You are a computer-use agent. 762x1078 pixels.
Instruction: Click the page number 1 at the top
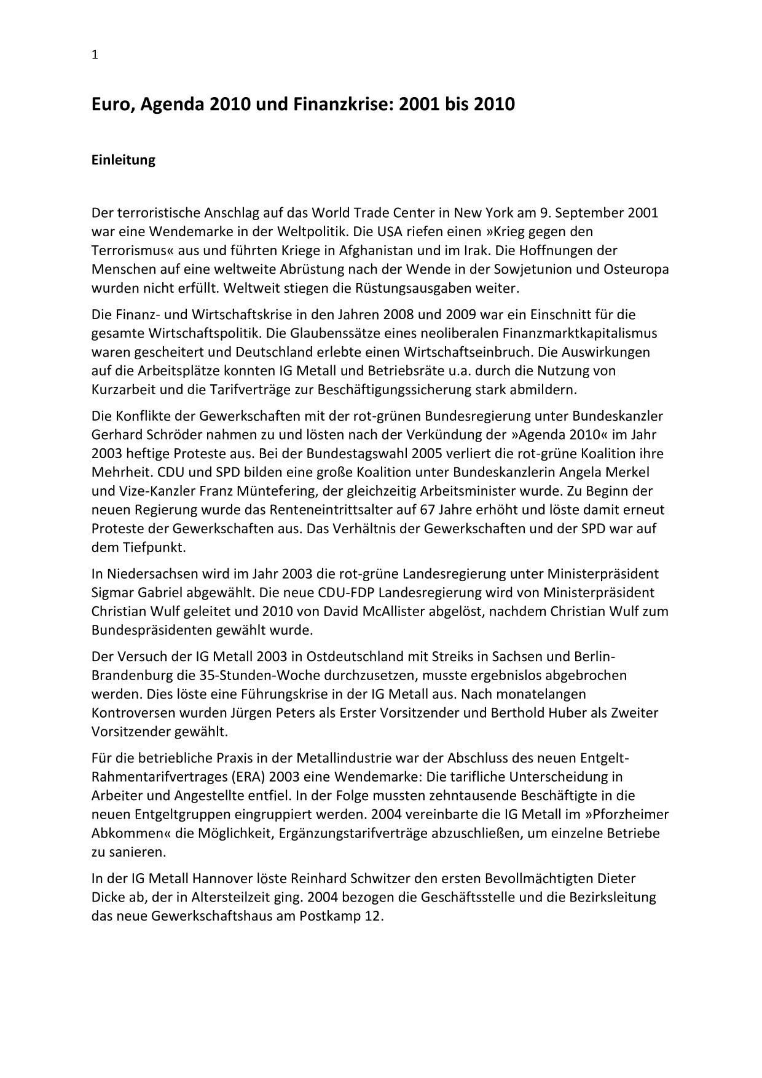coord(95,55)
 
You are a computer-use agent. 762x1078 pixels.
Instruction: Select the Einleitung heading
coord(123,160)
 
